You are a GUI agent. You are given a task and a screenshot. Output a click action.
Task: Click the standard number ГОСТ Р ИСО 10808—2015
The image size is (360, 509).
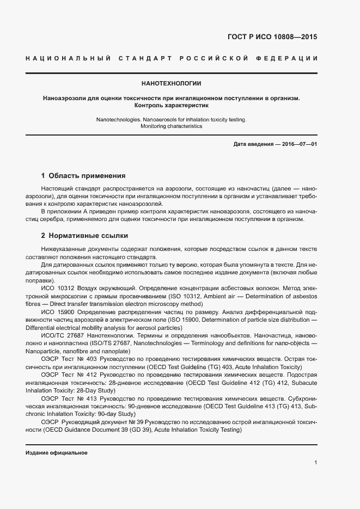coord(272,38)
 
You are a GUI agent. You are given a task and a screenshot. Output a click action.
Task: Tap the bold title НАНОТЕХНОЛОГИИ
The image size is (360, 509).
coord(171,84)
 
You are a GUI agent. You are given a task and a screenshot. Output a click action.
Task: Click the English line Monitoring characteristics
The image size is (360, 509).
coord(171,126)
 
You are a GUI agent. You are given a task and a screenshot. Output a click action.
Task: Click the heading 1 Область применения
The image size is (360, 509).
coord(83,176)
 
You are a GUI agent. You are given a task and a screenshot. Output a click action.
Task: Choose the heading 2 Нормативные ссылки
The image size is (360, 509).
coord(84,236)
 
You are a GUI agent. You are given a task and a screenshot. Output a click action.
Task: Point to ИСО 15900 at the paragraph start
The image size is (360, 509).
coord(58,312)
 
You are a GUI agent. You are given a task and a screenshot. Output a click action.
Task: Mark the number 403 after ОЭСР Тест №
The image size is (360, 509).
coord(94,360)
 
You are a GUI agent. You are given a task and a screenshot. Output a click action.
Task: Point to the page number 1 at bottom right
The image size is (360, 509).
coord(315,463)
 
